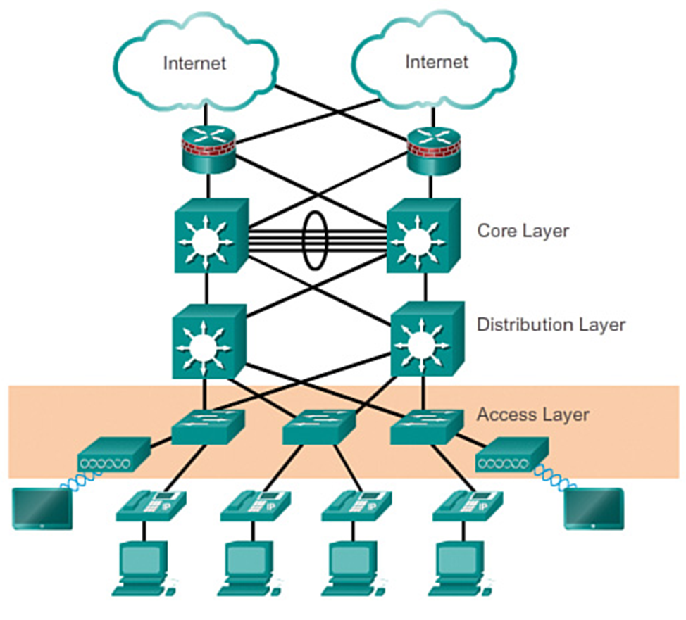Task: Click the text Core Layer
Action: click(523, 231)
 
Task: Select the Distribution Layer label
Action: click(551, 325)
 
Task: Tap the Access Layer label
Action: click(532, 415)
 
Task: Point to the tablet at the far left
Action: click(42, 507)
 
